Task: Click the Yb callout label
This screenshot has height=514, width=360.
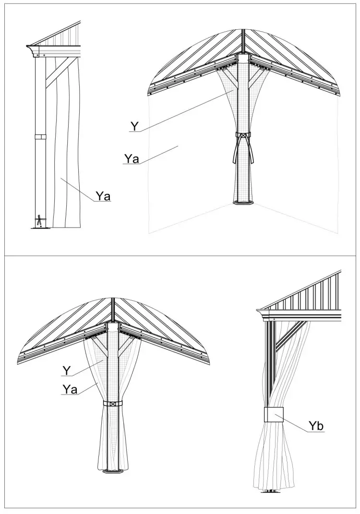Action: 315,426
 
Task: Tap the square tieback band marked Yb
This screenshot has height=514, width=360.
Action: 274,415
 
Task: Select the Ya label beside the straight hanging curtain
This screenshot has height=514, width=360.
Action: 103,195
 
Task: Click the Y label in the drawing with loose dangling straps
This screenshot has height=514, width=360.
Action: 135,126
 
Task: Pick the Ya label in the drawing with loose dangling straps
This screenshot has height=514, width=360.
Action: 131,158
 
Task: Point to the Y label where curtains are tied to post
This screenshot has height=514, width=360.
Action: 67,371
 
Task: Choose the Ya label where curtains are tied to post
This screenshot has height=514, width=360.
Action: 70,389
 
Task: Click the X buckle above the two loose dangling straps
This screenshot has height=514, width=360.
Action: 244,136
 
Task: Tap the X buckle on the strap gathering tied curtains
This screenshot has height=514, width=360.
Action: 113,404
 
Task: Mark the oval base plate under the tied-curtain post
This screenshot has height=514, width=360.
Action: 113,471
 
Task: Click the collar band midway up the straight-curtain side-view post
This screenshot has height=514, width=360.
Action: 41,137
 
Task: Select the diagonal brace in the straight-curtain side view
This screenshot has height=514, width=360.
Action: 57,74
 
